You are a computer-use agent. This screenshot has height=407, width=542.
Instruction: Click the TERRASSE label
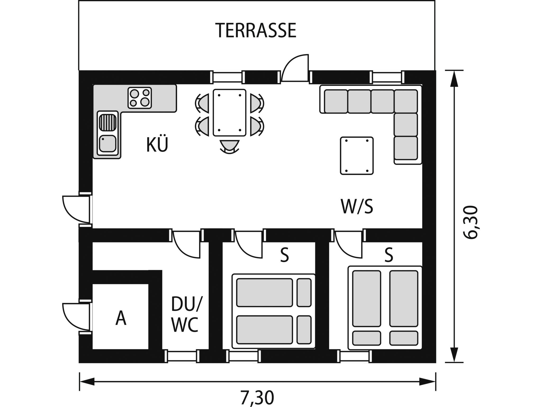(x=256, y=31)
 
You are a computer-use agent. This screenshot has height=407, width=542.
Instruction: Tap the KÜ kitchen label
(x=157, y=145)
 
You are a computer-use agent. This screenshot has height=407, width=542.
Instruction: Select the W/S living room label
(x=357, y=207)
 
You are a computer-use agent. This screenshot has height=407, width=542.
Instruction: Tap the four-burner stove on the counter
(x=140, y=98)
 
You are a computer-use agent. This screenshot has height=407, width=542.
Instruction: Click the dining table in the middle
(x=229, y=113)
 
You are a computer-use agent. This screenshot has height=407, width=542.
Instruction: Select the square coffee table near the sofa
(x=357, y=156)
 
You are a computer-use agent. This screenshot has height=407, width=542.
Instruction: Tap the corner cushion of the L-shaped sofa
(x=406, y=101)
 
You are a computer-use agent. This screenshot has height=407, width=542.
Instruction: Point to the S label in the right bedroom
(x=389, y=255)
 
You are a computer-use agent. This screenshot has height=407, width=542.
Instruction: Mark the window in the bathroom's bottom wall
(x=183, y=356)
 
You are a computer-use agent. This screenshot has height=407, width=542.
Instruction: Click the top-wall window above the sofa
(x=387, y=77)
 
